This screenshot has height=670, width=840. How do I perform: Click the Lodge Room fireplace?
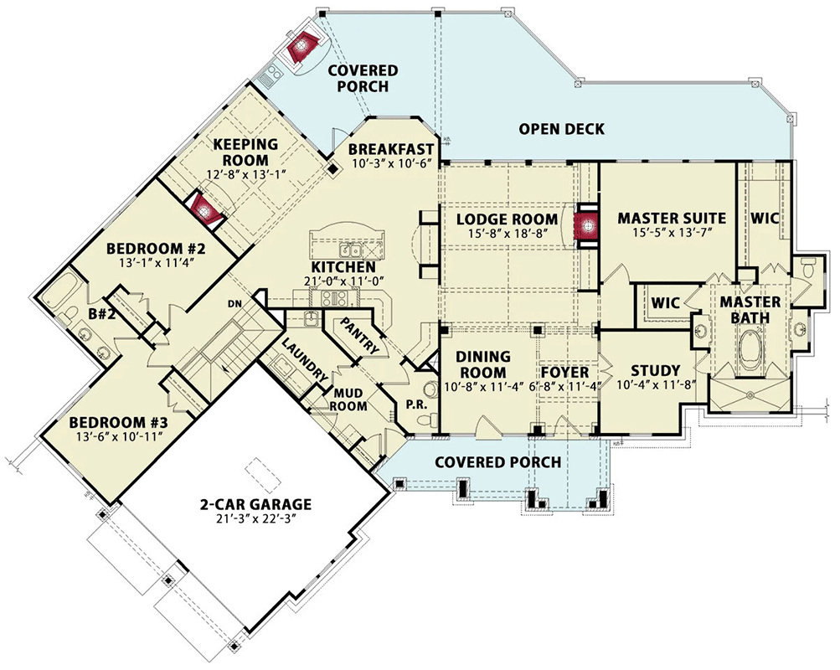586,227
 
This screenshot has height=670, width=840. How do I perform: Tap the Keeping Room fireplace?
204,210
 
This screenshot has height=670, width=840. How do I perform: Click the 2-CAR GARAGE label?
255,504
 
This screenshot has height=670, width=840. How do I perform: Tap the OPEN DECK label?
561,129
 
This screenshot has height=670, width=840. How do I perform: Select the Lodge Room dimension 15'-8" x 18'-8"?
506,233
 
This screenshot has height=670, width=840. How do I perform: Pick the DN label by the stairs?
234,304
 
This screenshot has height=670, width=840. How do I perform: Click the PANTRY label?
359,337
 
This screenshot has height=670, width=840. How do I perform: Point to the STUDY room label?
655,371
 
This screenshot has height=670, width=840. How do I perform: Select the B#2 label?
102,314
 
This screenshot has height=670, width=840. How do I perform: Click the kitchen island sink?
352,250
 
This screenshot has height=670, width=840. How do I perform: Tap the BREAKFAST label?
391,149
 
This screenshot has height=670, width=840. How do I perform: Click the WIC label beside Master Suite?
765,219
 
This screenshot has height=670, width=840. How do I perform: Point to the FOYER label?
564,372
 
